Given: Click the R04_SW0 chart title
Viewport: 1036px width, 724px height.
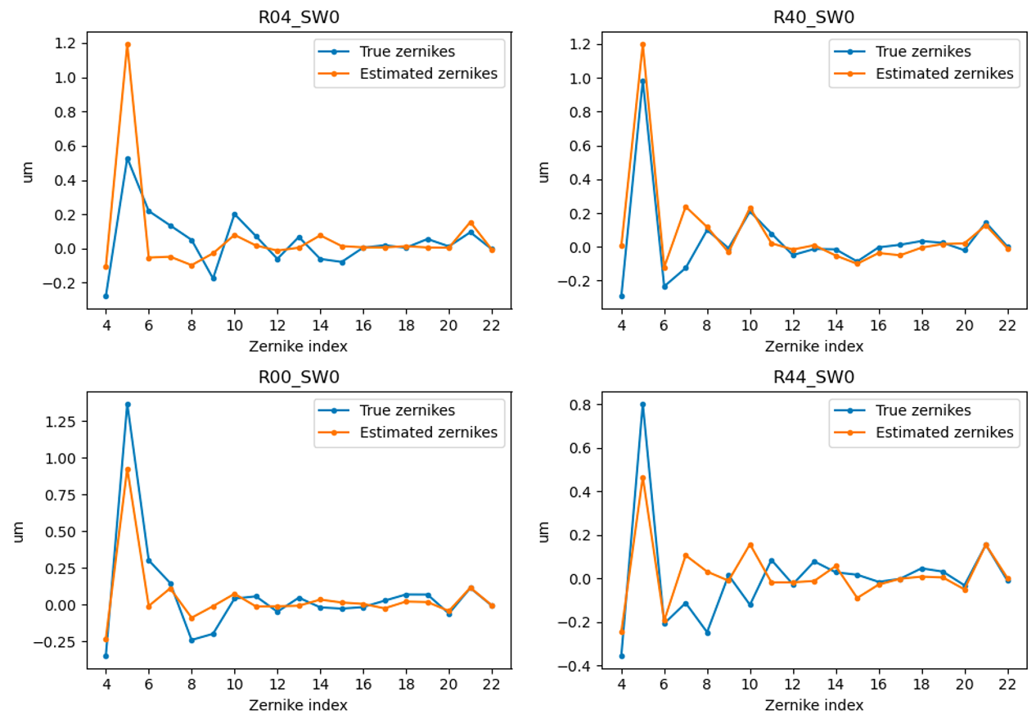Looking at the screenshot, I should click(x=299, y=17).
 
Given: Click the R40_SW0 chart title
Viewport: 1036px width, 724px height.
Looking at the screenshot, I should click(x=814, y=17).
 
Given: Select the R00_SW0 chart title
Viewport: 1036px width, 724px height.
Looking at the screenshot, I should click(x=299, y=377).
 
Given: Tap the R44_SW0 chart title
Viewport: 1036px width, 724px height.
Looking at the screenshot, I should click(x=814, y=377).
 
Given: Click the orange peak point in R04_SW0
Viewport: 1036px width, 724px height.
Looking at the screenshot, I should click(x=128, y=44).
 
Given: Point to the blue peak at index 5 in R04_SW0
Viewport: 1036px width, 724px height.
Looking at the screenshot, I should click(x=128, y=159).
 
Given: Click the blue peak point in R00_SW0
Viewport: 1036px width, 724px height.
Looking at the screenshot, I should click(x=128, y=405).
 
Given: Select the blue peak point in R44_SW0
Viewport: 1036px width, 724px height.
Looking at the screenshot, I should click(x=643, y=405).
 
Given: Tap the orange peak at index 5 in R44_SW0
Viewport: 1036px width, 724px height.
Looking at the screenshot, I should click(x=643, y=477).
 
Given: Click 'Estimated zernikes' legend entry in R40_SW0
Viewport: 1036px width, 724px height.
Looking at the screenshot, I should click(x=944, y=73).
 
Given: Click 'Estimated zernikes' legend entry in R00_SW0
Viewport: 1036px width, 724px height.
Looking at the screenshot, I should click(x=428, y=432).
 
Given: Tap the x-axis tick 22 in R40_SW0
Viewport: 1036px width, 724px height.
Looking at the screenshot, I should click(x=1007, y=324).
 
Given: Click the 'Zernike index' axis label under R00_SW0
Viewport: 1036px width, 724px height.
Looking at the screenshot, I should click(x=299, y=704).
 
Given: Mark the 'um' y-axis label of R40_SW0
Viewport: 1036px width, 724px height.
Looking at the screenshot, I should click(x=543, y=171).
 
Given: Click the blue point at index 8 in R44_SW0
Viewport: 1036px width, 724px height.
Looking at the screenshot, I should click(x=707, y=632).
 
